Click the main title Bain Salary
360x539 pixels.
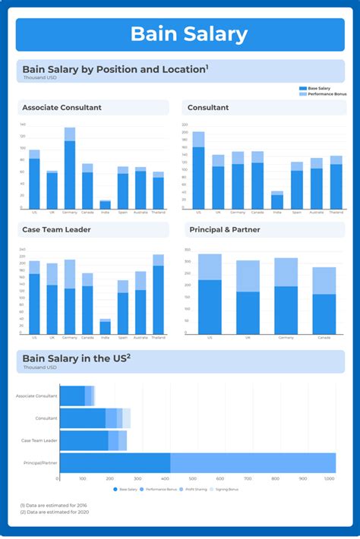click(x=188, y=34)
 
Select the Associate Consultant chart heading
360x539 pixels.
click(x=62, y=108)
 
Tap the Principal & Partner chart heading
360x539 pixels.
click(x=226, y=228)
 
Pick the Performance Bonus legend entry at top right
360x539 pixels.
click(x=323, y=94)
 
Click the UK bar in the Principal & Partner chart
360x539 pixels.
click(x=248, y=297)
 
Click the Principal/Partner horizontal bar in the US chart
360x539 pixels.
click(x=197, y=462)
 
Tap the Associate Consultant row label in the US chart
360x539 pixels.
click(x=36, y=396)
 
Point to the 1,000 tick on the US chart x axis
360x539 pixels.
click(x=329, y=479)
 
